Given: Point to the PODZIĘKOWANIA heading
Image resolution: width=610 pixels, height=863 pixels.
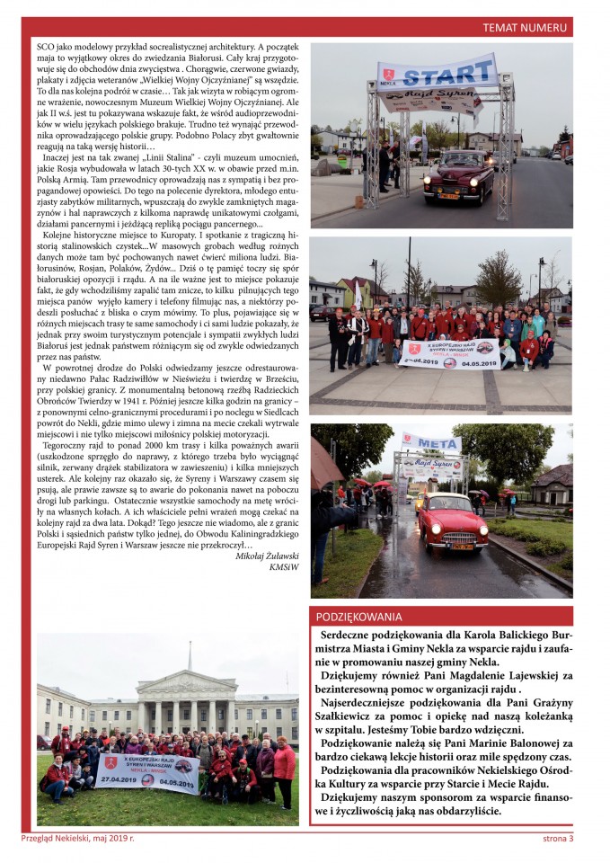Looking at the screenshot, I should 358,617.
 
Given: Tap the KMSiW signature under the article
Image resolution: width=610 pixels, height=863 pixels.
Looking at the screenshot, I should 283,567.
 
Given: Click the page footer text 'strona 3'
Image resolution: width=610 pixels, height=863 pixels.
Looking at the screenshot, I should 558,839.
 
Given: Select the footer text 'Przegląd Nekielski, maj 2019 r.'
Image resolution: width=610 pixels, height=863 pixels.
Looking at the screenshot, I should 77,839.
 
